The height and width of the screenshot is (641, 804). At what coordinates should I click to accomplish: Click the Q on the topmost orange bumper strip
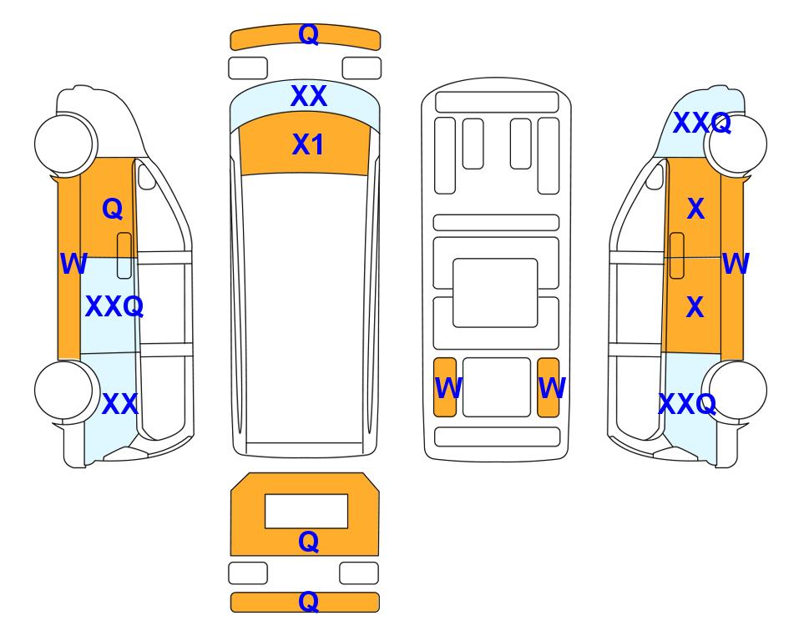coord(309,35)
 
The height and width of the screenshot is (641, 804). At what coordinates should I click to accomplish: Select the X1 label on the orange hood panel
coord(307,144)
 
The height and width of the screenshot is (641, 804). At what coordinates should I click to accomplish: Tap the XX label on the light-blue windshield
coord(309,96)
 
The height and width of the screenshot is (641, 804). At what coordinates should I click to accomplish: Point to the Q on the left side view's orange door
coord(113,209)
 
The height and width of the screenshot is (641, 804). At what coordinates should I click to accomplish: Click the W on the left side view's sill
coord(73,264)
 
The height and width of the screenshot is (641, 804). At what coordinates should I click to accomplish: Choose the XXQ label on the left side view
coord(114,306)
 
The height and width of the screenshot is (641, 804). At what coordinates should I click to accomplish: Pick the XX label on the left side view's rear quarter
coord(120,404)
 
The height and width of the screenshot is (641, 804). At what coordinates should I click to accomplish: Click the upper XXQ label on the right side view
coord(702,123)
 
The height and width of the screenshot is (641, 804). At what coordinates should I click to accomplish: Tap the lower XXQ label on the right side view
coord(687,404)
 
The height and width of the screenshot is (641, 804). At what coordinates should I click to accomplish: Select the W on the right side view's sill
coord(736,264)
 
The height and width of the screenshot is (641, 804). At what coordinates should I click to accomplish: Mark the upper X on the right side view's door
coord(695,209)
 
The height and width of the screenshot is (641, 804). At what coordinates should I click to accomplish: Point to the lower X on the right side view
coord(695,307)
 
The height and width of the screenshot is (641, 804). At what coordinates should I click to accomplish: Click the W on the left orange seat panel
coord(448,387)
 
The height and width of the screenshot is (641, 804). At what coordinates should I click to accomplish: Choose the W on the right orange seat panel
coord(552,387)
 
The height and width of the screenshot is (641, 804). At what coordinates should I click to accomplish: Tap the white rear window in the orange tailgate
coord(306,512)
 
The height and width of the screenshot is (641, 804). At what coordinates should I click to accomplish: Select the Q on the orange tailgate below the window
coord(309,542)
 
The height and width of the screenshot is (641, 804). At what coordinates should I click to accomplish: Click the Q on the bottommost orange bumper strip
coord(309,601)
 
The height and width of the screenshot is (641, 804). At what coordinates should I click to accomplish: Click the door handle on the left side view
coord(124,255)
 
